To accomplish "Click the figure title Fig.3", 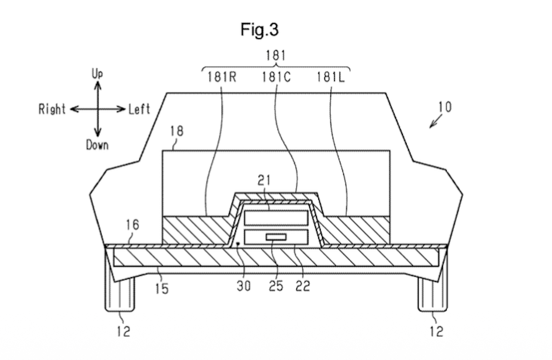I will tap(259, 30).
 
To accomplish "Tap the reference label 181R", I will tap(221, 77).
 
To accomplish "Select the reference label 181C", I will tap(276, 77).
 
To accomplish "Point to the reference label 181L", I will tap(330, 77).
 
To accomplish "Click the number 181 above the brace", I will tap(276, 56).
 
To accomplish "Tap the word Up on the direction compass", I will tap(97, 74).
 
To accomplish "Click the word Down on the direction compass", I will tap(97, 145).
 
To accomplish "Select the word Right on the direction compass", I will tap(52, 109).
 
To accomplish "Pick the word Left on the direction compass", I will tap(139, 109).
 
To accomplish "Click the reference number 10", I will tap(444, 107).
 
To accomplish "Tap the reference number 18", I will tap(176, 131).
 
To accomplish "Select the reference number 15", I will tap(161, 288).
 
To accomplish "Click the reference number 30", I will tap(244, 286).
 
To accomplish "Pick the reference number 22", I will tap(302, 286).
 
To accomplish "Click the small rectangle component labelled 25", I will tap(276, 237).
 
